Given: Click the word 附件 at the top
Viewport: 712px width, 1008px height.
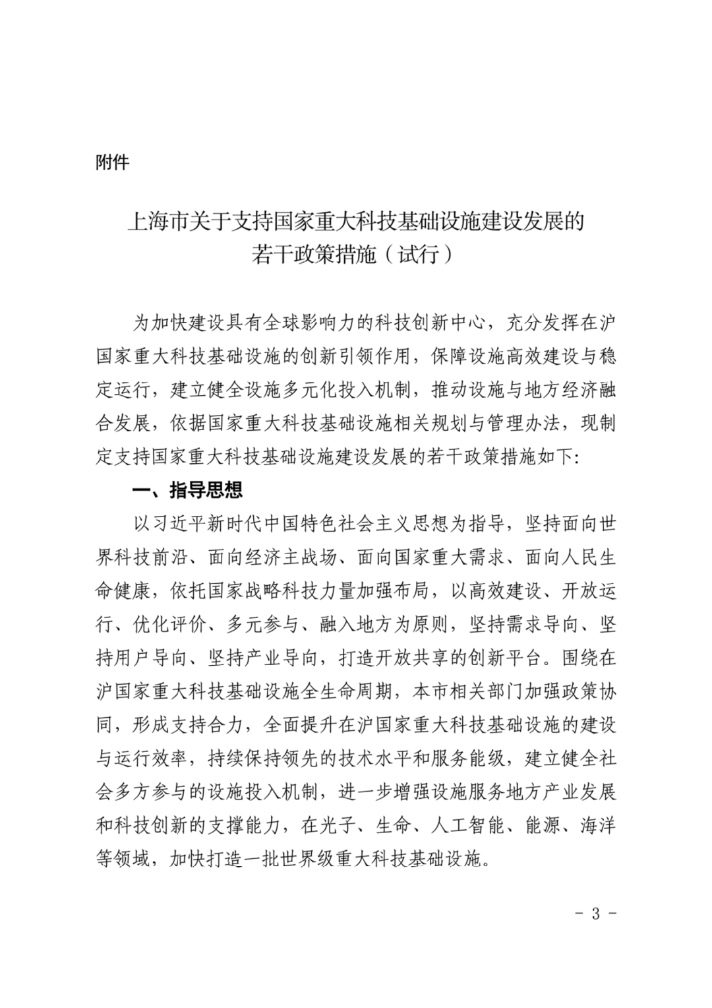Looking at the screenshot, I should point(112,162).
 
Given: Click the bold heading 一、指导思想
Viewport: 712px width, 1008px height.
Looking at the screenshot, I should point(188,489).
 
